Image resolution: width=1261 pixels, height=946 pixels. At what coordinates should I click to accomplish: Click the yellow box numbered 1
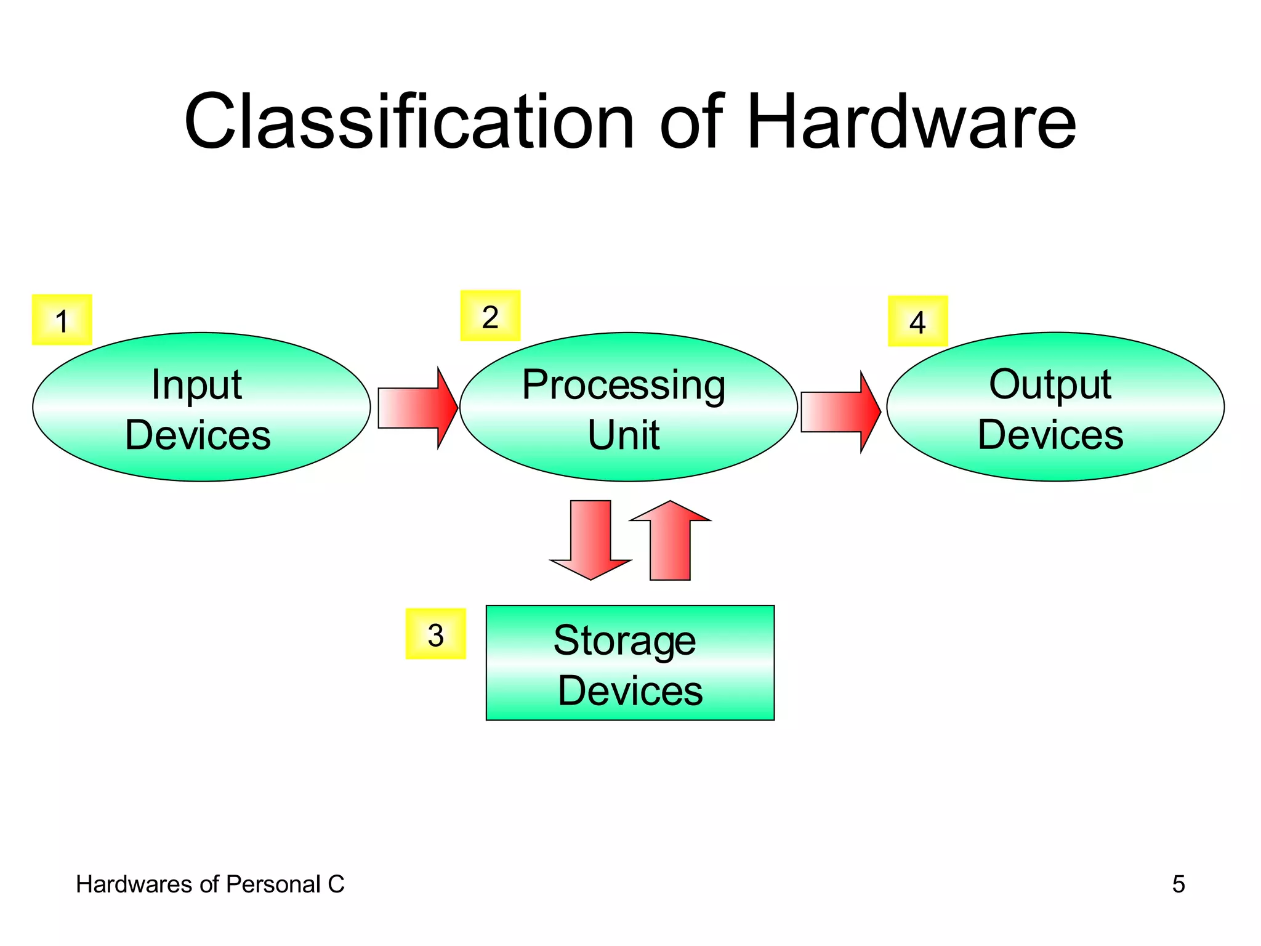click(x=62, y=320)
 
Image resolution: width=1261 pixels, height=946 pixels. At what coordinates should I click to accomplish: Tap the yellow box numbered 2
click(x=490, y=316)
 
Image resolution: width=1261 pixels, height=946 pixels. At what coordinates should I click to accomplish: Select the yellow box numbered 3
click(x=435, y=634)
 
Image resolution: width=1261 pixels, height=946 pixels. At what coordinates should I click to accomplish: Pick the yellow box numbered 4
click(x=917, y=321)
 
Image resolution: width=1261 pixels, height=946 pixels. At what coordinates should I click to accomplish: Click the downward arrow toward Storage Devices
click(x=590, y=540)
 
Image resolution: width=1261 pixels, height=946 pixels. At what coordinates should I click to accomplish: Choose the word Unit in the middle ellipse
click(x=623, y=435)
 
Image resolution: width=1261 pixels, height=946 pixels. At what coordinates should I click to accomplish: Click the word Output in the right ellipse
click(x=1050, y=385)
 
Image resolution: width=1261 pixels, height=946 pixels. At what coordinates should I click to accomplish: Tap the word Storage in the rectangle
click(x=624, y=641)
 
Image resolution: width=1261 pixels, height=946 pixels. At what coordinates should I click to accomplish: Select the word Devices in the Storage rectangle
click(x=630, y=690)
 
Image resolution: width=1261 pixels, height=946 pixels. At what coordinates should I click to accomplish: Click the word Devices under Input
click(x=198, y=435)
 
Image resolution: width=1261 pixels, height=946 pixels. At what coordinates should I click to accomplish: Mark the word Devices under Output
click(x=1050, y=435)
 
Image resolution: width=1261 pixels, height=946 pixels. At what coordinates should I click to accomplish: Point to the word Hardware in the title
click(x=911, y=121)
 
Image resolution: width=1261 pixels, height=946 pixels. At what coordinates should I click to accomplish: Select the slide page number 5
click(x=1178, y=884)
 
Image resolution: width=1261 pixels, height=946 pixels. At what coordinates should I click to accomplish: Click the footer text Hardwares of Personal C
click(x=210, y=884)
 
